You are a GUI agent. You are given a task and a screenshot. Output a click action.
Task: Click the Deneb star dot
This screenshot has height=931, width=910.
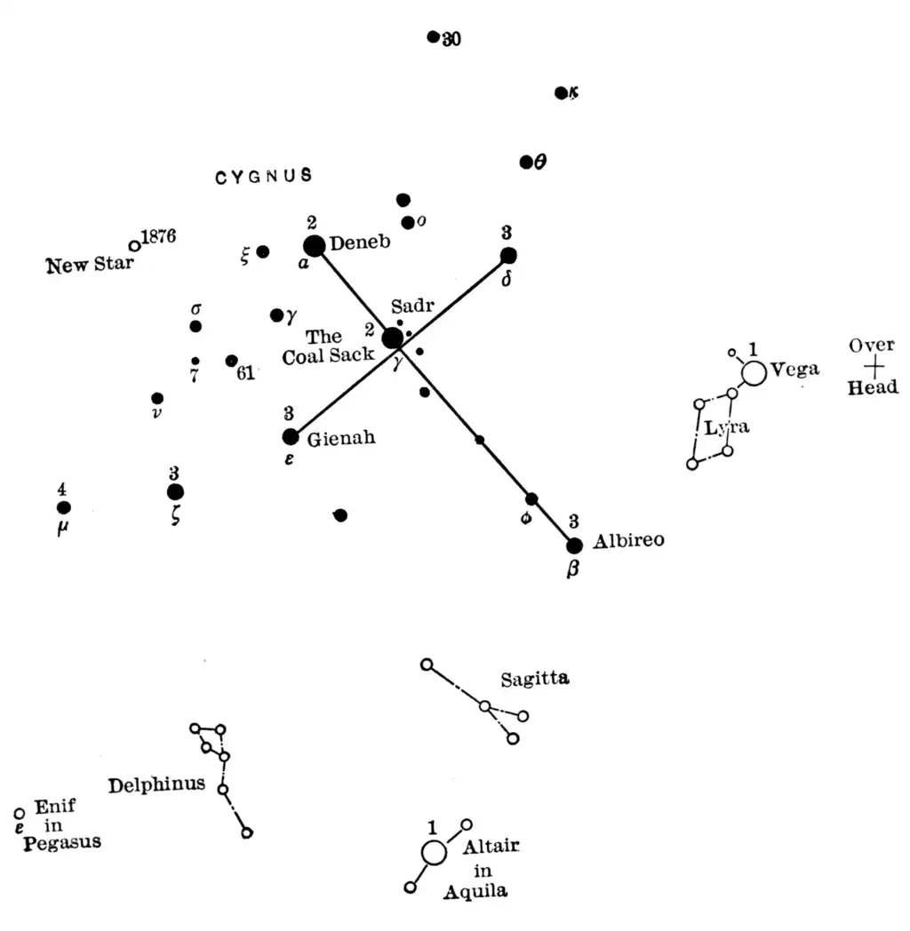point(314,246)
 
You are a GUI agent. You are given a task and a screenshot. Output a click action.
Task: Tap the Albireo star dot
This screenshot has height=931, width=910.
point(574,545)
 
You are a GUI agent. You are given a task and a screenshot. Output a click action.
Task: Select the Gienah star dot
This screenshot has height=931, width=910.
point(290,436)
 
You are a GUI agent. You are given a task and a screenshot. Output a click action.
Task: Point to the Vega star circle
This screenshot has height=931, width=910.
point(754,373)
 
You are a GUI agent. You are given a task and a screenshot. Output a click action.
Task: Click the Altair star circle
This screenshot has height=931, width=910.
point(434,852)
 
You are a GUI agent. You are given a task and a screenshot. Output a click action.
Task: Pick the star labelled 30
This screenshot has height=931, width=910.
point(433,36)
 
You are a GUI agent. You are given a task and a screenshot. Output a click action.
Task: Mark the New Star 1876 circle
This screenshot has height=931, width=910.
point(134,245)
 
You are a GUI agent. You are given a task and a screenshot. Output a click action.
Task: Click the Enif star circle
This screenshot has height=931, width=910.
point(20,813)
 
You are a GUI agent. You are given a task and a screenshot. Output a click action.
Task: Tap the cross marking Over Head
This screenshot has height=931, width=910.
point(874,365)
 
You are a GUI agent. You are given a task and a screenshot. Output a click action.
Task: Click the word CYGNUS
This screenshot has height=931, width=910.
point(264,176)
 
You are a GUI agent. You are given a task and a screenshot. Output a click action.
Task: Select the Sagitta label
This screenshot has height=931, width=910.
point(534,680)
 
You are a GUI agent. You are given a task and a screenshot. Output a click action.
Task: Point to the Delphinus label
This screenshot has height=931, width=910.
point(156,785)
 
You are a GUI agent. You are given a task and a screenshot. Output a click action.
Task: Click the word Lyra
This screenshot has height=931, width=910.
point(727,427)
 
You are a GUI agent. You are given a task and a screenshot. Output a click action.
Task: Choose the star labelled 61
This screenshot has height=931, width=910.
point(231,361)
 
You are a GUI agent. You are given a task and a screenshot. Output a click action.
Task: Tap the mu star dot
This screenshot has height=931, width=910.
point(63,507)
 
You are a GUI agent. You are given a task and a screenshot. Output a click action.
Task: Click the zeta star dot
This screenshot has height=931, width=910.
point(175,491)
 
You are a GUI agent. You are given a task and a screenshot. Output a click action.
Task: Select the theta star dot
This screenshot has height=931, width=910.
point(526,162)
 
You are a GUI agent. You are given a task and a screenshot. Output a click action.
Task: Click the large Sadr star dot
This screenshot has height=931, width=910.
point(392,338)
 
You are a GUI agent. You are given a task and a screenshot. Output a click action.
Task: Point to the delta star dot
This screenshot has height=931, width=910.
point(508,256)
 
